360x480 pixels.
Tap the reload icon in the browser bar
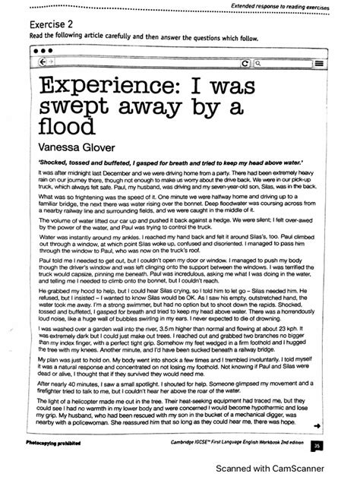tap(265, 64)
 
